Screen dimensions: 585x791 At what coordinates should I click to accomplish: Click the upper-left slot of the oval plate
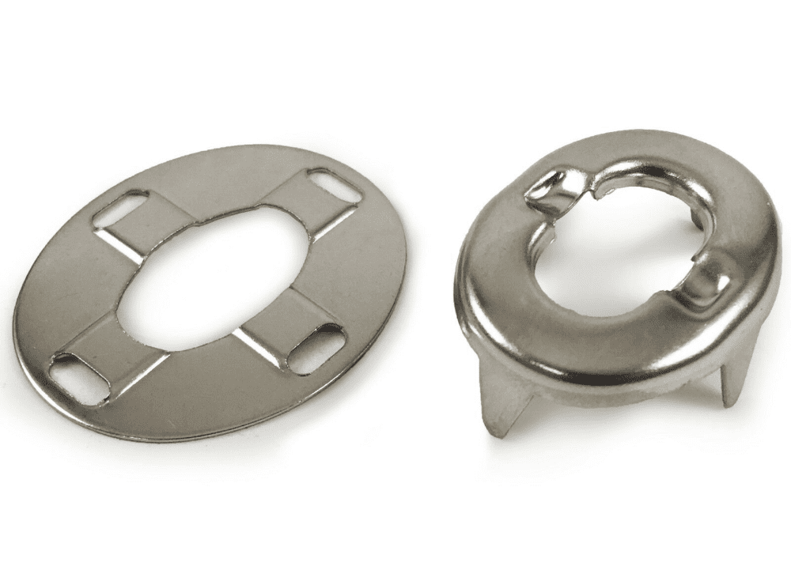(x=119, y=208)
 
